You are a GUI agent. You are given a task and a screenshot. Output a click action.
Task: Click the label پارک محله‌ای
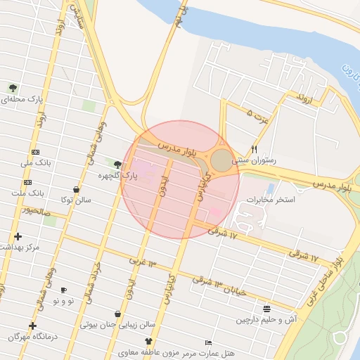[x=22, y=99]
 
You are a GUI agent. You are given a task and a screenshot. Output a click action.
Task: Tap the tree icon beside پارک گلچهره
[x=117, y=165]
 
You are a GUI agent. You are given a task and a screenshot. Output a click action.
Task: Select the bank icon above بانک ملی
[x=36, y=153]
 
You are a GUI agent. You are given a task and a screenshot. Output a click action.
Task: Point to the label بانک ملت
[x=31, y=191]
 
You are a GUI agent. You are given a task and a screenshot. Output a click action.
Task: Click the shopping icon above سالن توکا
[x=75, y=189]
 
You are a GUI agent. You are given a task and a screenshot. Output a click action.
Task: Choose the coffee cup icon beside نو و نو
[x=64, y=290]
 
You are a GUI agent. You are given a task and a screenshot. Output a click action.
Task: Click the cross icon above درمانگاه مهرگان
[x=32, y=326]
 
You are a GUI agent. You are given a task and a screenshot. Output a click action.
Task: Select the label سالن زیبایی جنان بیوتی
[x=117, y=326]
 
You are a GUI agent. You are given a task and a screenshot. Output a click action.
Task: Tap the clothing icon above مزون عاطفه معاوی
[x=148, y=341]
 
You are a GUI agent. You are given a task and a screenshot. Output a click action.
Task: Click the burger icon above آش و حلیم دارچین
[x=267, y=309]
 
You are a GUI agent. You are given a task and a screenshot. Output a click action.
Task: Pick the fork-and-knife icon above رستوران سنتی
[x=255, y=149]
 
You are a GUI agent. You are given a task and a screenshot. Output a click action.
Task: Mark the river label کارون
[x=347, y=72]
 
